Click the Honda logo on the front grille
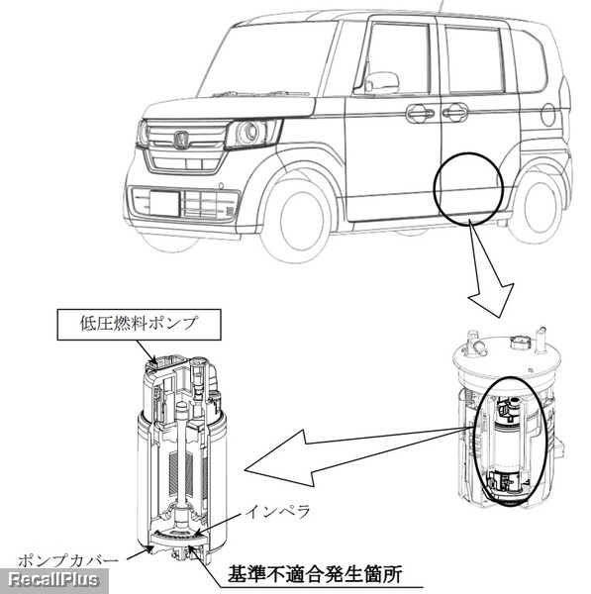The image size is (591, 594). [x=181, y=139]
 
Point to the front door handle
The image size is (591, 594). [x=420, y=113]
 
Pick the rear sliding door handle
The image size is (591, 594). [x=455, y=111]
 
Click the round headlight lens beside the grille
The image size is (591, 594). [x=249, y=133]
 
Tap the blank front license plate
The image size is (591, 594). [x=164, y=202]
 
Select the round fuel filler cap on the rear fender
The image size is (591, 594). [x=547, y=115]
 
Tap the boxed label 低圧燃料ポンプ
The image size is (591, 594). [x=139, y=325]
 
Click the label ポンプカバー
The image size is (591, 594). [x=68, y=560]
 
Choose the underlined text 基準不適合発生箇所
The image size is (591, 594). [x=315, y=574]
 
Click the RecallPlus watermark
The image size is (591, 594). [x=53, y=580]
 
